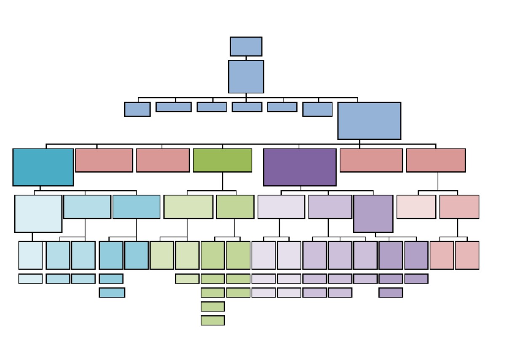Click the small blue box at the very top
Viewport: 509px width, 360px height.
(246, 46)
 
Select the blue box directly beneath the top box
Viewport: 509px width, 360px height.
(246, 77)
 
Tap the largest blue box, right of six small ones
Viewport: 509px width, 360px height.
(369, 121)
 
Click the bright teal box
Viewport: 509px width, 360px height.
(43, 167)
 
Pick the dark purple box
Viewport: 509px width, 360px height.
(299, 167)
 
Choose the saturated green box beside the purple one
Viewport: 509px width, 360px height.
(222, 160)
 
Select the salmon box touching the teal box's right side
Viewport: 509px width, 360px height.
(104, 160)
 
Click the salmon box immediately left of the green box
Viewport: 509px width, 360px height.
(163, 160)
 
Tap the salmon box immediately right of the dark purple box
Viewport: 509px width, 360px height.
(371, 160)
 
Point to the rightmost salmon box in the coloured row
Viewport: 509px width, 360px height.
(436, 160)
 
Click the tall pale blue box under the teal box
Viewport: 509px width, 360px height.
(38, 213)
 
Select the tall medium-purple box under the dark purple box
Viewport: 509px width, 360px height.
(373, 213)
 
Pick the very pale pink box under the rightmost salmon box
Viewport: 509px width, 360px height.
(416, 207)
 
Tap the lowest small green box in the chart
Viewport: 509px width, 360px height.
(213, 320)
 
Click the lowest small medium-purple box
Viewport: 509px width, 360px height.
(390, 293)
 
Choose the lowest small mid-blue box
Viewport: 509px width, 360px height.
(112, 293)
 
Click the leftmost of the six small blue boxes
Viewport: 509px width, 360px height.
(137, 109)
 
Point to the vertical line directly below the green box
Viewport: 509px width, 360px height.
(222, 181)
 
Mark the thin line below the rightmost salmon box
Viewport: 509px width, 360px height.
(438, 181)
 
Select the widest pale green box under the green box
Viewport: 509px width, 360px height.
(188, 207)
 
